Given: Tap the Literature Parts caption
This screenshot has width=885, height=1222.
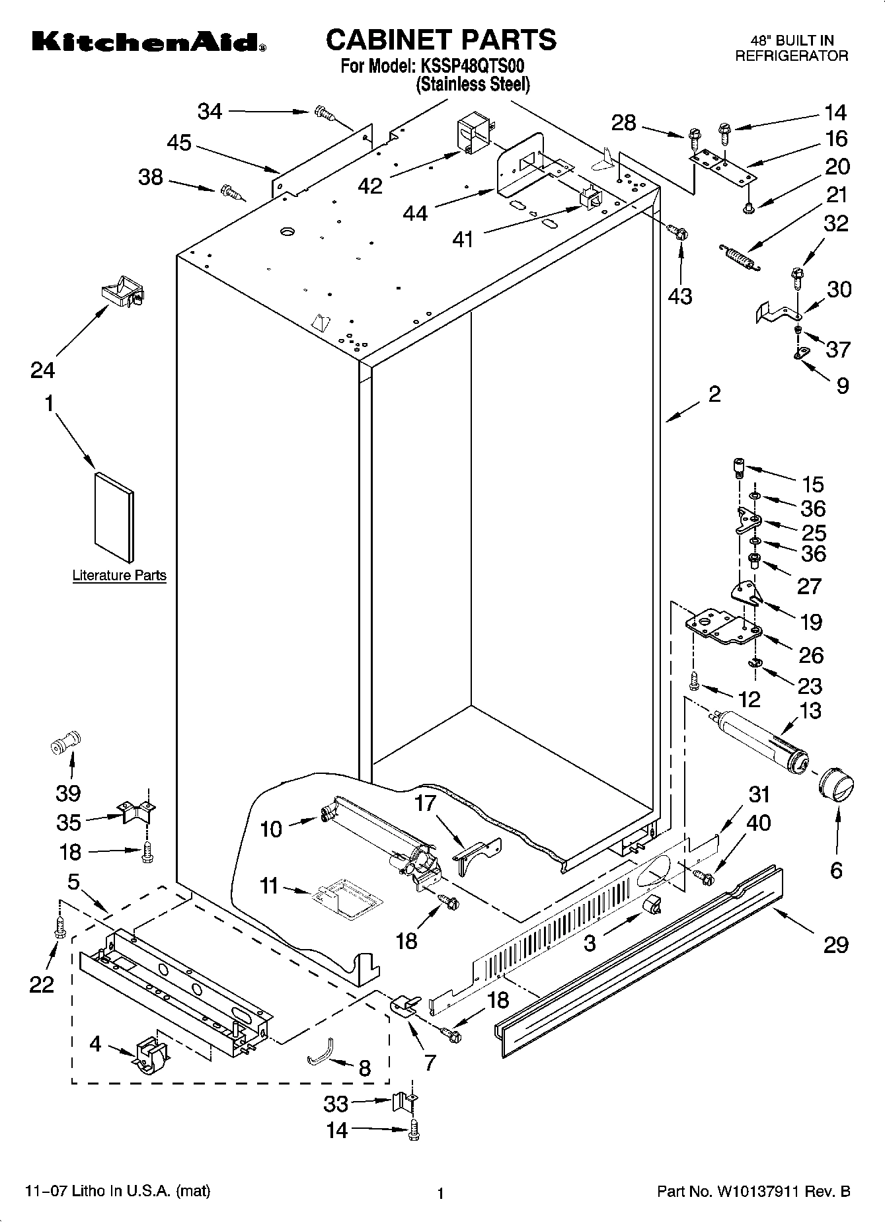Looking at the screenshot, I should click(119, 576).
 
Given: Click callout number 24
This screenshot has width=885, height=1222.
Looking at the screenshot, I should click(42, 370).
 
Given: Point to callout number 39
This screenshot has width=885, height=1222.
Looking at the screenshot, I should click(68, 793).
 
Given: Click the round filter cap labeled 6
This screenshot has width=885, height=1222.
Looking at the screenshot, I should click(835, 787).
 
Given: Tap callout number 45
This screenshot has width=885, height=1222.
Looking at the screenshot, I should click(179, 143).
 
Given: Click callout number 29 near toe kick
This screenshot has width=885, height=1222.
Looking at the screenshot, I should click(835, 945).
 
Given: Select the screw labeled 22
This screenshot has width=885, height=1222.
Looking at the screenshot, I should click(59, 927).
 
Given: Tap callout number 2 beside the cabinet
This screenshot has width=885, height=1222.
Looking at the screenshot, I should click(714, 395).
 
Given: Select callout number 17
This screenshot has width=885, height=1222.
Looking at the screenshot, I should click(426, 804).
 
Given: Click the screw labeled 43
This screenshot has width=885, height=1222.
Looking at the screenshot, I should click(679, 232).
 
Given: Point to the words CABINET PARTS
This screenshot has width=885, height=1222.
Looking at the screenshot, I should click(441, 40).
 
